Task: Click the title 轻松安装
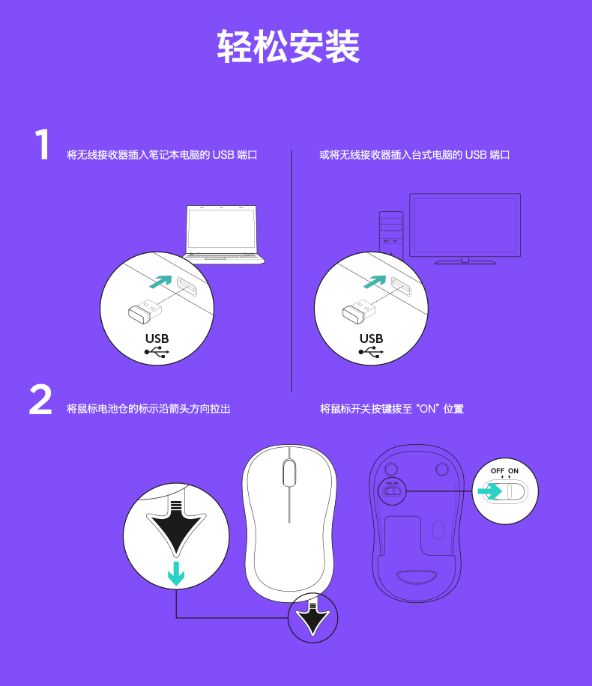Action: click(x=289, y=46)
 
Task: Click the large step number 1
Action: click(x=42, y=144)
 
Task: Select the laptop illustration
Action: click(x=223, y=234)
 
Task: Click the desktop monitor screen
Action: click(x=465, y=225)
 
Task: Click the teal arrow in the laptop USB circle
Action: click(x=160, y=282)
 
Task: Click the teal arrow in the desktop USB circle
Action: click(x=375, y=282)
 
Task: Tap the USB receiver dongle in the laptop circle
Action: click(x=145, y=311)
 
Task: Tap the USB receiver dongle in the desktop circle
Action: click(x=359, y=311)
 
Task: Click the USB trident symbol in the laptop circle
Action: click(x=157, y=352)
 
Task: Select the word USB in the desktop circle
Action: click(x=372, y=339)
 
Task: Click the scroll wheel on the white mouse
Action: click(x=289, y=473)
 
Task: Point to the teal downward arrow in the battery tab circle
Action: click(x=176, y=574)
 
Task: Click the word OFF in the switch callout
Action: click(x=498, y=471)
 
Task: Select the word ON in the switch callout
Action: click(x=513, y=471)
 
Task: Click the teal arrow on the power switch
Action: click(x=489, y=491)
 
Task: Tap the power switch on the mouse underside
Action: click(x=392, y=491)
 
